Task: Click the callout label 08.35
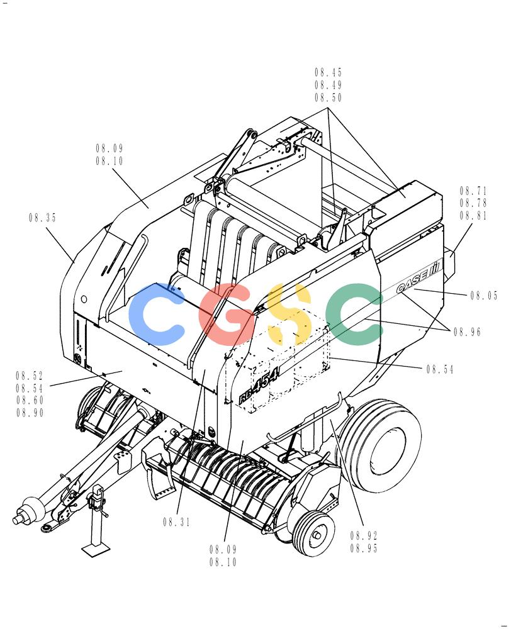43,218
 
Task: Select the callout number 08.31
177,522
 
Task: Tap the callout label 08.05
484,296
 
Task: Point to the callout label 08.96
467,331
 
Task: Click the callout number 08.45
328,72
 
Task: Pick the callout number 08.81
474,216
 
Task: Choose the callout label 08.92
364,535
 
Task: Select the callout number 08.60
30,400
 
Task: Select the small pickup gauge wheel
313,533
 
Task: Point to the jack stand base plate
97,548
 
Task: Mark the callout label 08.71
474,191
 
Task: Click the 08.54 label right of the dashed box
440,369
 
